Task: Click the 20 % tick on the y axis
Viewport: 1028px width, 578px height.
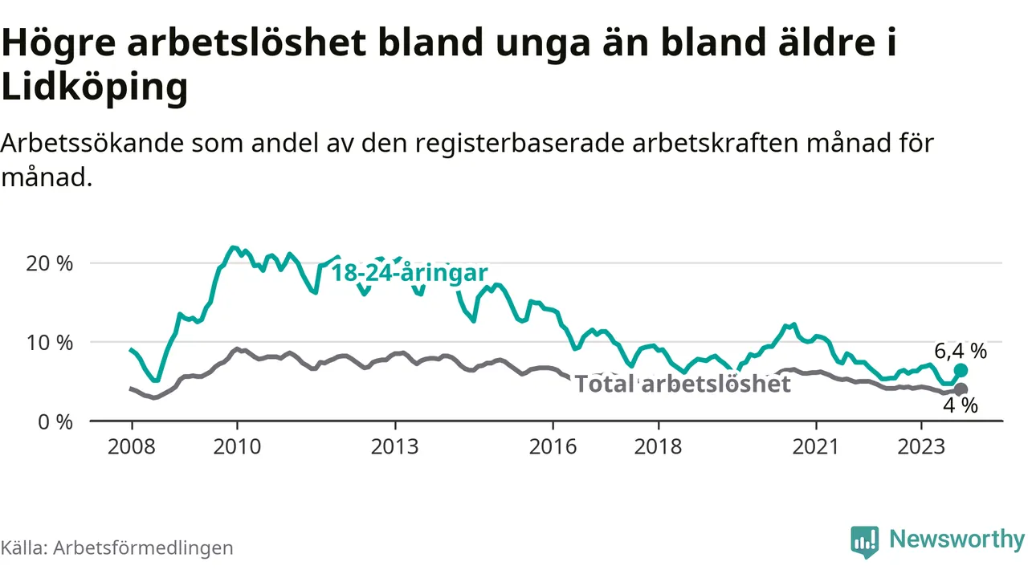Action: pos(51,263)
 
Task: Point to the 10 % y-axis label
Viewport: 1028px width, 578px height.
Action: pos(51,343)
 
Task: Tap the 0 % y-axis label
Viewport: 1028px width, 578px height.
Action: pos(57,421)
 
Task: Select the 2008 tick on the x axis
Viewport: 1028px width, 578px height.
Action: pos(131,446)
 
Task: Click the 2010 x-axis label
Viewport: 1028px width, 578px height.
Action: pos(237,446)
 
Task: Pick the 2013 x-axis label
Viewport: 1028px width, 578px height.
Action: pos(395,446)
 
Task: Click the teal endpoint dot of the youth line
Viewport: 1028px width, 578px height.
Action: pos(961,370)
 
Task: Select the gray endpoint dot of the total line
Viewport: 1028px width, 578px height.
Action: pos(961,389)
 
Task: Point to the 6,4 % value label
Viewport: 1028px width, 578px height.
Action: pos(961,351)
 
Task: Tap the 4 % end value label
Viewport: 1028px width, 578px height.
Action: pos(961,406)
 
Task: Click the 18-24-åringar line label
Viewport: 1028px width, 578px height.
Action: pos(410,273)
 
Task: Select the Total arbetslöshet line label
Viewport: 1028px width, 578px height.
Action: pos(683,384)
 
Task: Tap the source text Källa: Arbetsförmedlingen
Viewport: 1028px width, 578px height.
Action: pos(116,547)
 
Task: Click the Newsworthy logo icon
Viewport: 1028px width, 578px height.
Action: pos(865,542)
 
